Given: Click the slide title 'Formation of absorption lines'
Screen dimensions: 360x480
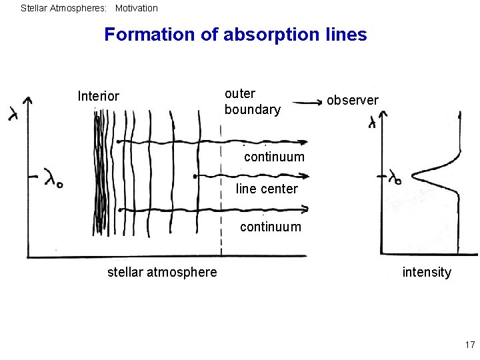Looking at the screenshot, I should (235, 34).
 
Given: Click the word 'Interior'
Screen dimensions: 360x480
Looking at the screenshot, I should (99, 96).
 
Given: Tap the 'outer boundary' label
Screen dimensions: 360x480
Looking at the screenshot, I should (252, 101).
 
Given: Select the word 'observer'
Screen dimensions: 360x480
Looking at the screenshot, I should (352, 100).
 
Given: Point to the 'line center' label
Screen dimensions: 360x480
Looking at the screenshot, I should (267, 189).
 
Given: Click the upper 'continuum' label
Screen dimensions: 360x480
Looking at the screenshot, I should (274, 157).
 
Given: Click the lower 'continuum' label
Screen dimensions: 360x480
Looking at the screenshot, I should (270, 227).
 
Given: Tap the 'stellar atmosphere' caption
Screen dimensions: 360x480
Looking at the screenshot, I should (162, 272).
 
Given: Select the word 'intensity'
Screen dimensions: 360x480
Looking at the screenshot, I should (427, 272).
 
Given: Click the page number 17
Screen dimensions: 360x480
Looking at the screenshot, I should (469, 345).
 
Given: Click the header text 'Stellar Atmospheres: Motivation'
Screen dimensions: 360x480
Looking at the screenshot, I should (89, 9).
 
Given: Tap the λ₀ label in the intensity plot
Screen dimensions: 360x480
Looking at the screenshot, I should (395, 177).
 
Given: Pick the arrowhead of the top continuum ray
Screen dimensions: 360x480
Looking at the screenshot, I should (305, 141).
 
